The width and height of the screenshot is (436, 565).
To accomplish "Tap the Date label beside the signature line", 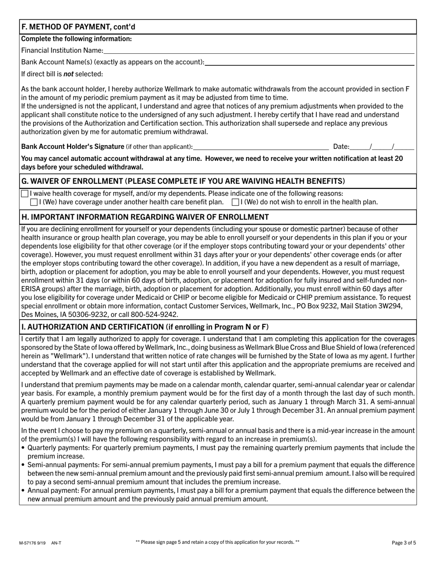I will (x=341, y=147).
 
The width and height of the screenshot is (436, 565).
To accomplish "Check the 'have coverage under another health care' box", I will (x=34, y=202).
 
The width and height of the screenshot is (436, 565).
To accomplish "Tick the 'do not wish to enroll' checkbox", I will (x=235, y=202).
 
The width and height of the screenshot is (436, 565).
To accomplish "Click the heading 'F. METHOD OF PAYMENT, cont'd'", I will (x=78, y=27).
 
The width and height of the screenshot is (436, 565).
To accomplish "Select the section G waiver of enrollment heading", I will (x=183, y=181).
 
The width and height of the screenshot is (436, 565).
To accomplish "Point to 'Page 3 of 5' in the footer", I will (x=404, y=542).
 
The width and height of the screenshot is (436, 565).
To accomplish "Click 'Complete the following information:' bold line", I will (x=77, y=39).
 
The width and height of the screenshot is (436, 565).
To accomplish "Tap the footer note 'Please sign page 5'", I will (x=218, y=542).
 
